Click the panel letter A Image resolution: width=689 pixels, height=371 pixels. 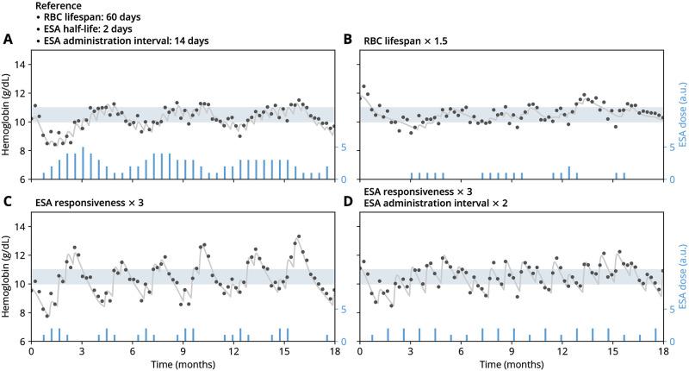8,39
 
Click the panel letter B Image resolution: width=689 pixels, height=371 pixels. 346,39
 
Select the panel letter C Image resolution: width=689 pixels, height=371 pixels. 8,202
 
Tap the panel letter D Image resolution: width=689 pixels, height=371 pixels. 346,202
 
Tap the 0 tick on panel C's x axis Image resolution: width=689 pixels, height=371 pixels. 31,350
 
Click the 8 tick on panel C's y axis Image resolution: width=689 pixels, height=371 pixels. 22,312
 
